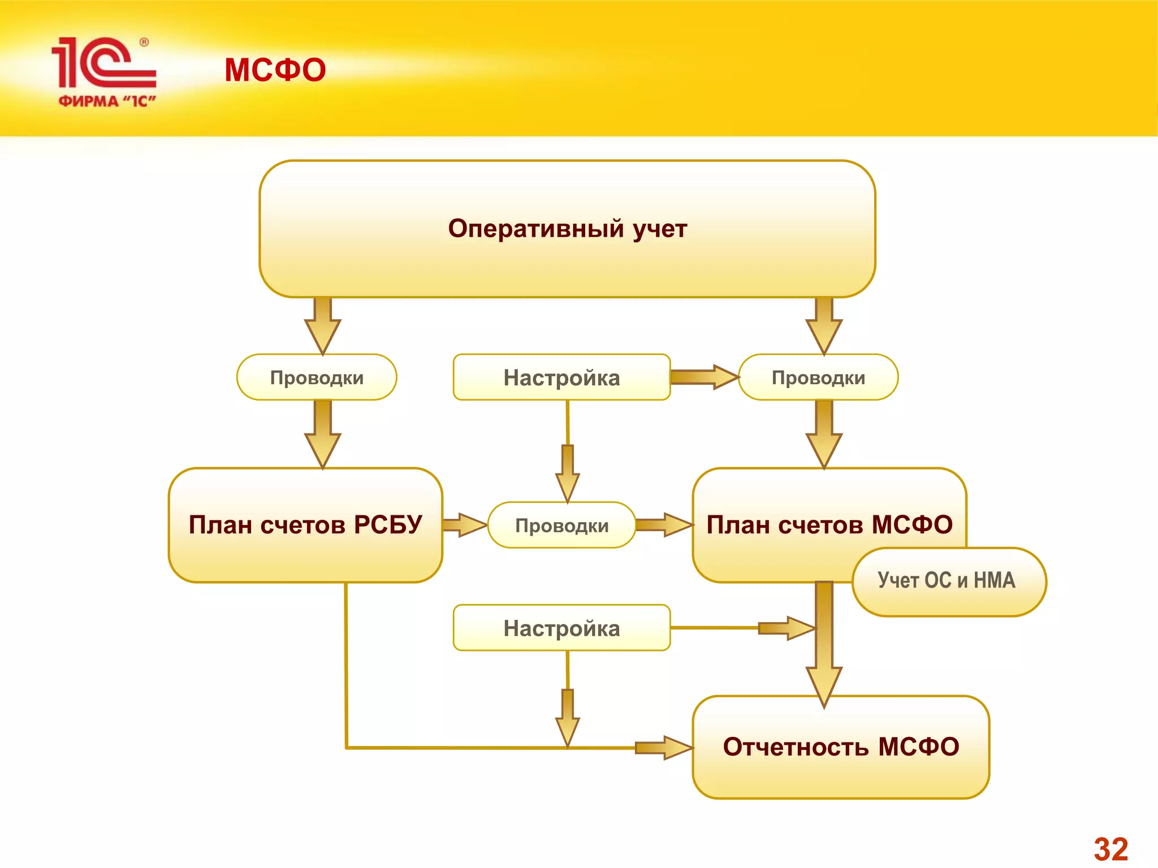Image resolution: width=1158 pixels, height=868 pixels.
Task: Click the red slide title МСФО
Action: pyautogui.click(x=275, y=70)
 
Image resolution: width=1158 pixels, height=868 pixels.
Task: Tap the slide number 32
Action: pyautogui.click(x=1111, y=849)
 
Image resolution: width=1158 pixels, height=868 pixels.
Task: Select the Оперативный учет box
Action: pyautogui.click(x=567, y=229)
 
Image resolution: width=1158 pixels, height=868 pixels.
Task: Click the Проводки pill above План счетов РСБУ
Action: pyautogui.click(x=317, y=377)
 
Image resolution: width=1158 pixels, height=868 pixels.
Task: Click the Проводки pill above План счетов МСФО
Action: pyautogui.click(x=818, y=377)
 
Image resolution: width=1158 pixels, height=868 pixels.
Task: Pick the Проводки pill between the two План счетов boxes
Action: pyautogui.click(x=561, y=526)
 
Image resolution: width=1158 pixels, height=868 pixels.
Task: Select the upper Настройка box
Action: pyautogui.click(x=561, y=377)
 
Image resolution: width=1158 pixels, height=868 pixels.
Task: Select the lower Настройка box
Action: pyautogui.click(x=561, y=628)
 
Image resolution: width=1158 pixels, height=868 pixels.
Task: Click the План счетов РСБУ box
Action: pyautogui.click(x=305, y=526)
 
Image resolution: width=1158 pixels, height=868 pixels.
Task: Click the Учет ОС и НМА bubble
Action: pyautogui.click(x=949, y=581)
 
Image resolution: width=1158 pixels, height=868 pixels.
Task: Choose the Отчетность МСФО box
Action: pyautogui.click(x=841, y=747)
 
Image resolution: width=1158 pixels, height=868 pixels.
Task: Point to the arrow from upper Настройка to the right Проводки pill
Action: pyautogui.click(x=705, y=377)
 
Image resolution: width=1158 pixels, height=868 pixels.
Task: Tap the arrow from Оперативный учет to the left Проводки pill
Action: pyautogui.click(x=322, y=327)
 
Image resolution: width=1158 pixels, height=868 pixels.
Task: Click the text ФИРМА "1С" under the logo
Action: pyautogui.click(x=107, y=102)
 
